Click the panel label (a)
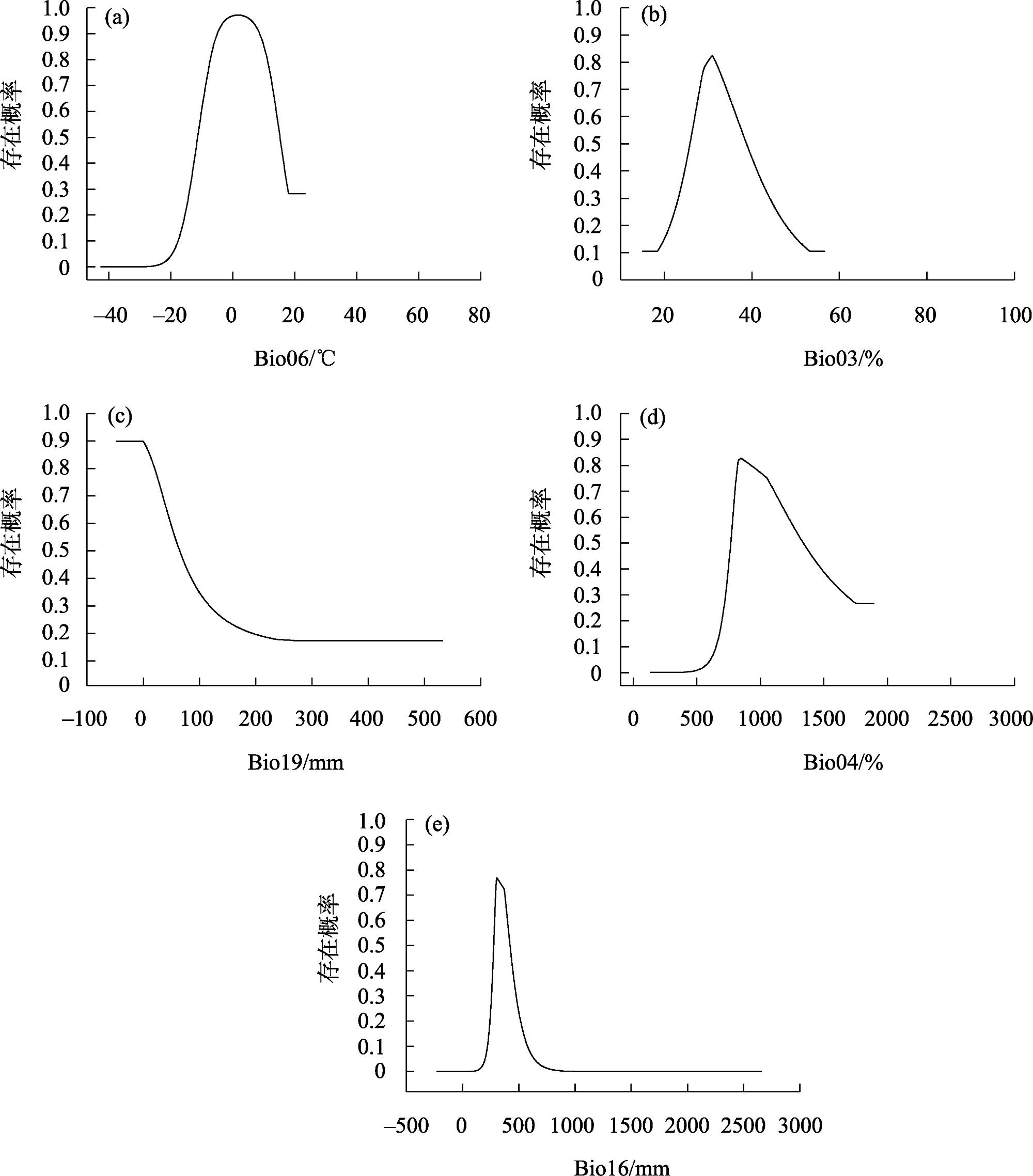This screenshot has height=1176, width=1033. tap(117, 19)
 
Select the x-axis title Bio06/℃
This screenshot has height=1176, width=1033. tap(294, 359)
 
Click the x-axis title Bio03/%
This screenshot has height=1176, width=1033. tap(843, 359)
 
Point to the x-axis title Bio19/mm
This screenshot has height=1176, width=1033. tap(295, 763)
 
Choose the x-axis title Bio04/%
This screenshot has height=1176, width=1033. tap(843, 763)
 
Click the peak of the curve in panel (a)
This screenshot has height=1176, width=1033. tap(237, 15)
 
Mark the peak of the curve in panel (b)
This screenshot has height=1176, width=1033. tap(712, 56)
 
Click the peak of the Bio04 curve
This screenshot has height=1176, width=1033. tap(740, 459)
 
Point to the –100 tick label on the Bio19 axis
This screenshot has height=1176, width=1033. tap(84, 719)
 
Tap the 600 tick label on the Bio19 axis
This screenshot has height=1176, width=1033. tap(480, 719)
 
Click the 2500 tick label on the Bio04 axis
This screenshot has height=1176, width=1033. tap(950, 719)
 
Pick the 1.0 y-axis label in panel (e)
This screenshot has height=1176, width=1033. tap(372, 821)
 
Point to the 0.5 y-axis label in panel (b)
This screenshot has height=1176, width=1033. tap(588, 144)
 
